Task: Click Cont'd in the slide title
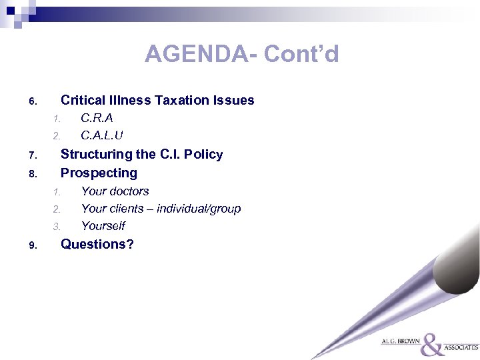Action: click(x=301, y=53)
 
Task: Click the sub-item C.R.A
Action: click(x=97, y=119)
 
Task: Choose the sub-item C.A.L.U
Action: click(x=102, y=135)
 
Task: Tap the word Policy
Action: click(x=203, y=155)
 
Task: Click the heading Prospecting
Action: click(x=99, y=173)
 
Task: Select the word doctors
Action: click(x=129, y=191)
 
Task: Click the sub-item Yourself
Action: click(x=103, y=226)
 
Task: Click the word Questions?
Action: click(x=97, y=244)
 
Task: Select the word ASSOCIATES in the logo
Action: click(x=461, y=347)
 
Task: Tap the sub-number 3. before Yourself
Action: click(x=57, y=227)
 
